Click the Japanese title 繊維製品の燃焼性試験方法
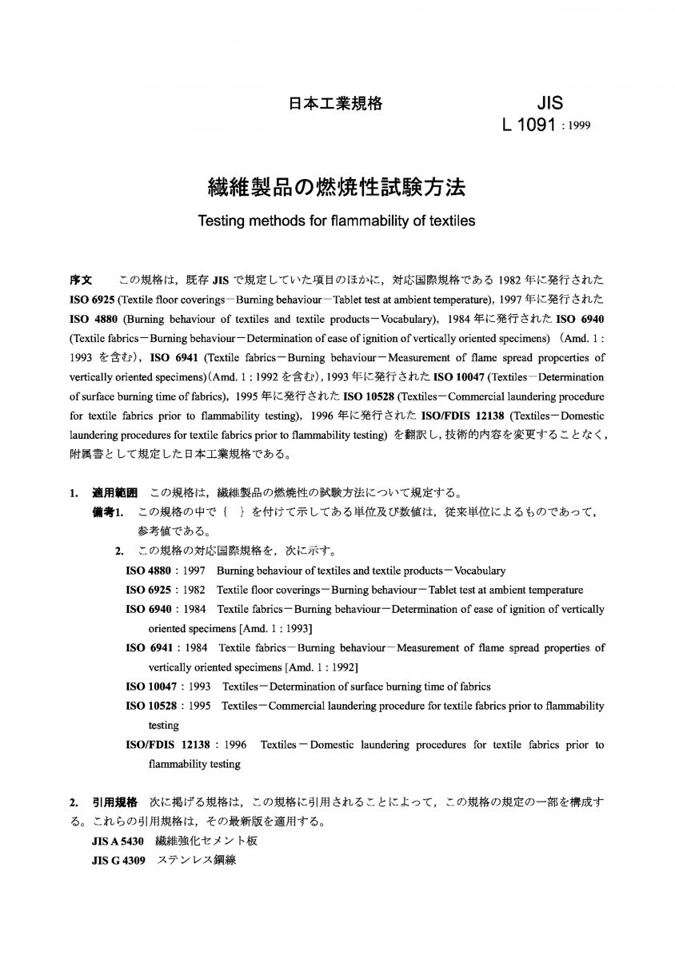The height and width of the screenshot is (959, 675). click(x=336, y=189)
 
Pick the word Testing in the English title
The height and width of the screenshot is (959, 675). click(x=225, y=221)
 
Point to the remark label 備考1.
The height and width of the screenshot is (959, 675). click(x=109, y=511)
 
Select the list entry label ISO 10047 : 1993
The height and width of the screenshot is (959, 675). click(x=169, y=686)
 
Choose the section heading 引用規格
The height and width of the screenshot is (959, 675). click(x=115, y=802)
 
